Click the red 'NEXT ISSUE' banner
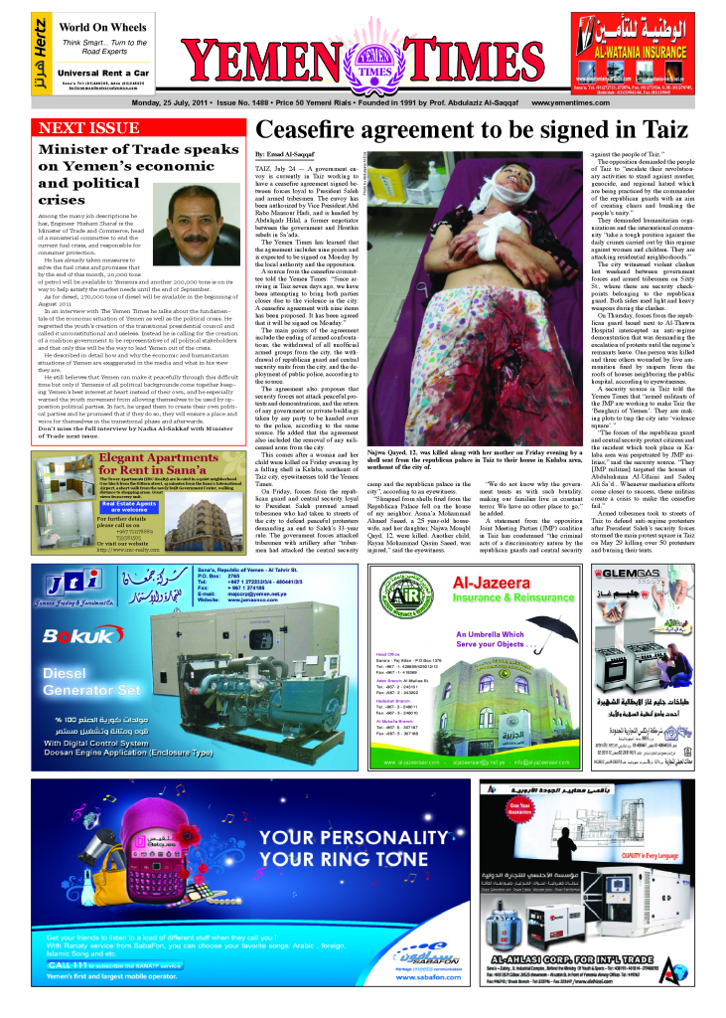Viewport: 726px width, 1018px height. click(x=87, y=129)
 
